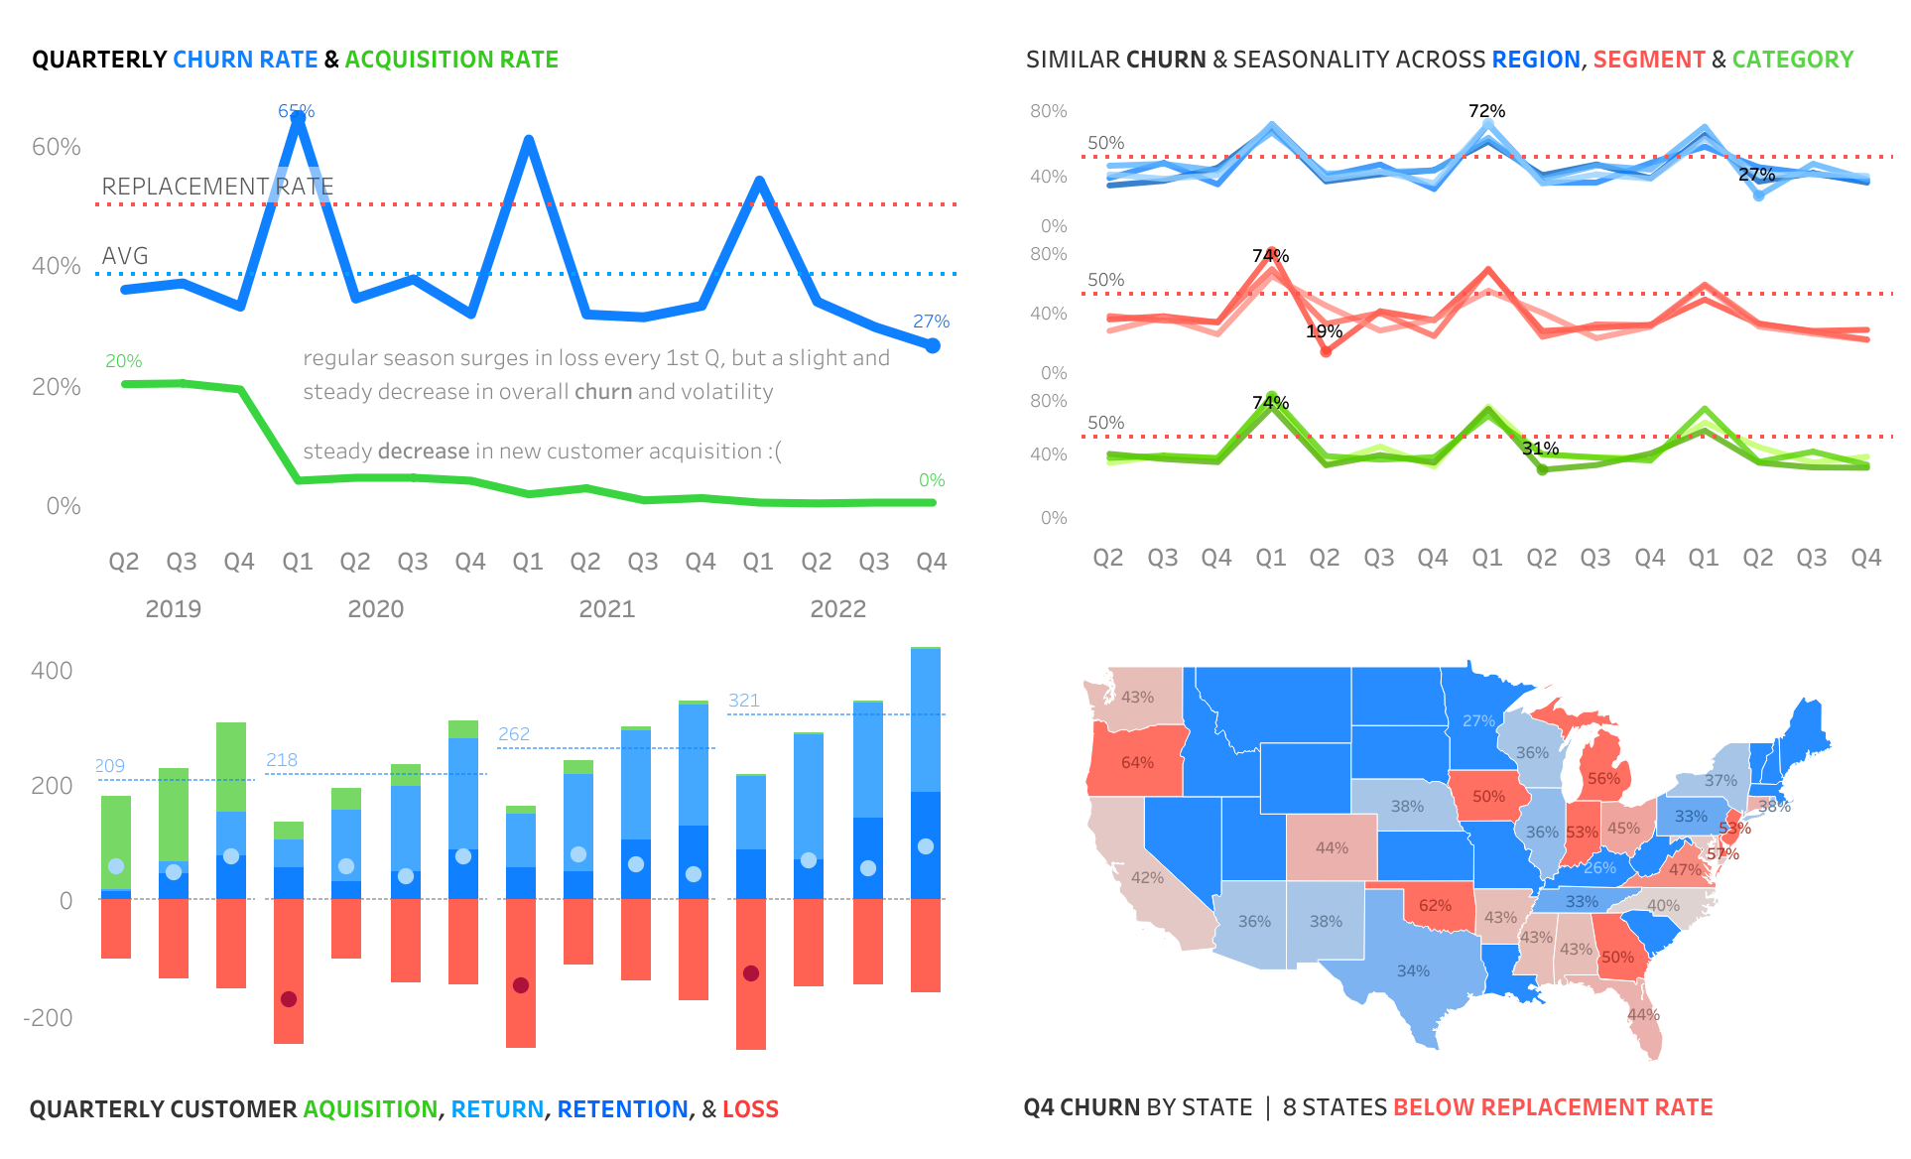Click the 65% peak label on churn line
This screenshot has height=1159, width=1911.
click(296, 111)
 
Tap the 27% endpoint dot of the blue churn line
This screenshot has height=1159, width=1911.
click(933, 345)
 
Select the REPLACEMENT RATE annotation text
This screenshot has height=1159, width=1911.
click(217, 187)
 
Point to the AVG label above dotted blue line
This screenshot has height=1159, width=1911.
click(125, 256)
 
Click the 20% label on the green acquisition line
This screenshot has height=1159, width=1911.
click(124, 361)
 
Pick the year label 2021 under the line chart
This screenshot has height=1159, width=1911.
click(606, 609)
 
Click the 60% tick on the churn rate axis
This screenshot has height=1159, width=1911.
click(57, 147)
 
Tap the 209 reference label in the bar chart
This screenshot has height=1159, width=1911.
click(110, 766)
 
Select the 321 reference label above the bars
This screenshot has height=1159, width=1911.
click(744, 701)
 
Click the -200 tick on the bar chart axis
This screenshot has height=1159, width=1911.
click(49, 1017)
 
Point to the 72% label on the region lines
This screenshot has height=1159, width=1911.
click(1486, 111)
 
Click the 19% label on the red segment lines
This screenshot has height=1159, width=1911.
click(1324, 331)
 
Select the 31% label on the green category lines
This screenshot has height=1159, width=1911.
click(1540, 449)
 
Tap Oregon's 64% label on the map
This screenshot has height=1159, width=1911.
click(1137, 763)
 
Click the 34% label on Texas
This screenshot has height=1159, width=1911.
click(1413, 971)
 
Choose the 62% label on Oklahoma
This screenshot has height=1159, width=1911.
click(1435, 906)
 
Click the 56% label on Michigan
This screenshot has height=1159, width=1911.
click(1603, 779)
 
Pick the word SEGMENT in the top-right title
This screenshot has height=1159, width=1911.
click(1648, 60)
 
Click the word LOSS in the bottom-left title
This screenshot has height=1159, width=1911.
click(750, 1109)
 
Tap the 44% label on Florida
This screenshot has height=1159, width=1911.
click(1643, 1015)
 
